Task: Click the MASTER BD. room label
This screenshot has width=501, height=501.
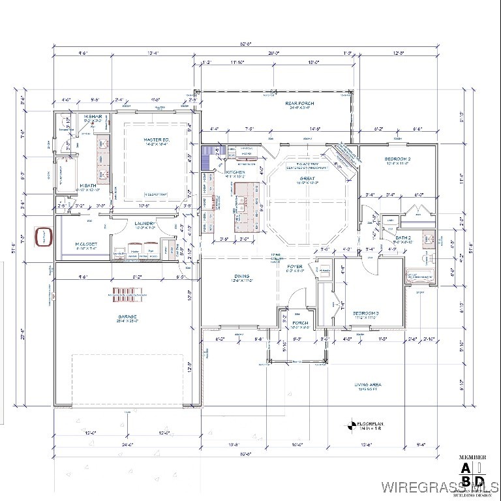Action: pyautogui.click(x=157, y=140)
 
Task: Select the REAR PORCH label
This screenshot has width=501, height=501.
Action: pyautogui.click(x=301, y=103)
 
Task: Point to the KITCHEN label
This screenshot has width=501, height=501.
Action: pyautogui.click(x=235, y=172)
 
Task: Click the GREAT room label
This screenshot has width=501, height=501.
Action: pyautogui.click(x=307, y=178)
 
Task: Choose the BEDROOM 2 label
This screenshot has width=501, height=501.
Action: pyautogui.click(x=397, y=159)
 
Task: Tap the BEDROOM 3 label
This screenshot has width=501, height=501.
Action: pyautogui.click(x=365, y=314)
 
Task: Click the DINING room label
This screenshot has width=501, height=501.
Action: pyautogui.click(x=242, y=277)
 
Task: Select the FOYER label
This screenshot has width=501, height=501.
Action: pyautogui.click(x=295, y=267)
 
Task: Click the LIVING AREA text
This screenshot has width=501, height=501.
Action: pyautogui.click(x=368, y=385)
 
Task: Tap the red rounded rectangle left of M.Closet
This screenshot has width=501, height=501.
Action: pyautogui.click(x=43, y=235)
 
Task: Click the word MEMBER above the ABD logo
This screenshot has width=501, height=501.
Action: pyautogui.click(x=474, y=457)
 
